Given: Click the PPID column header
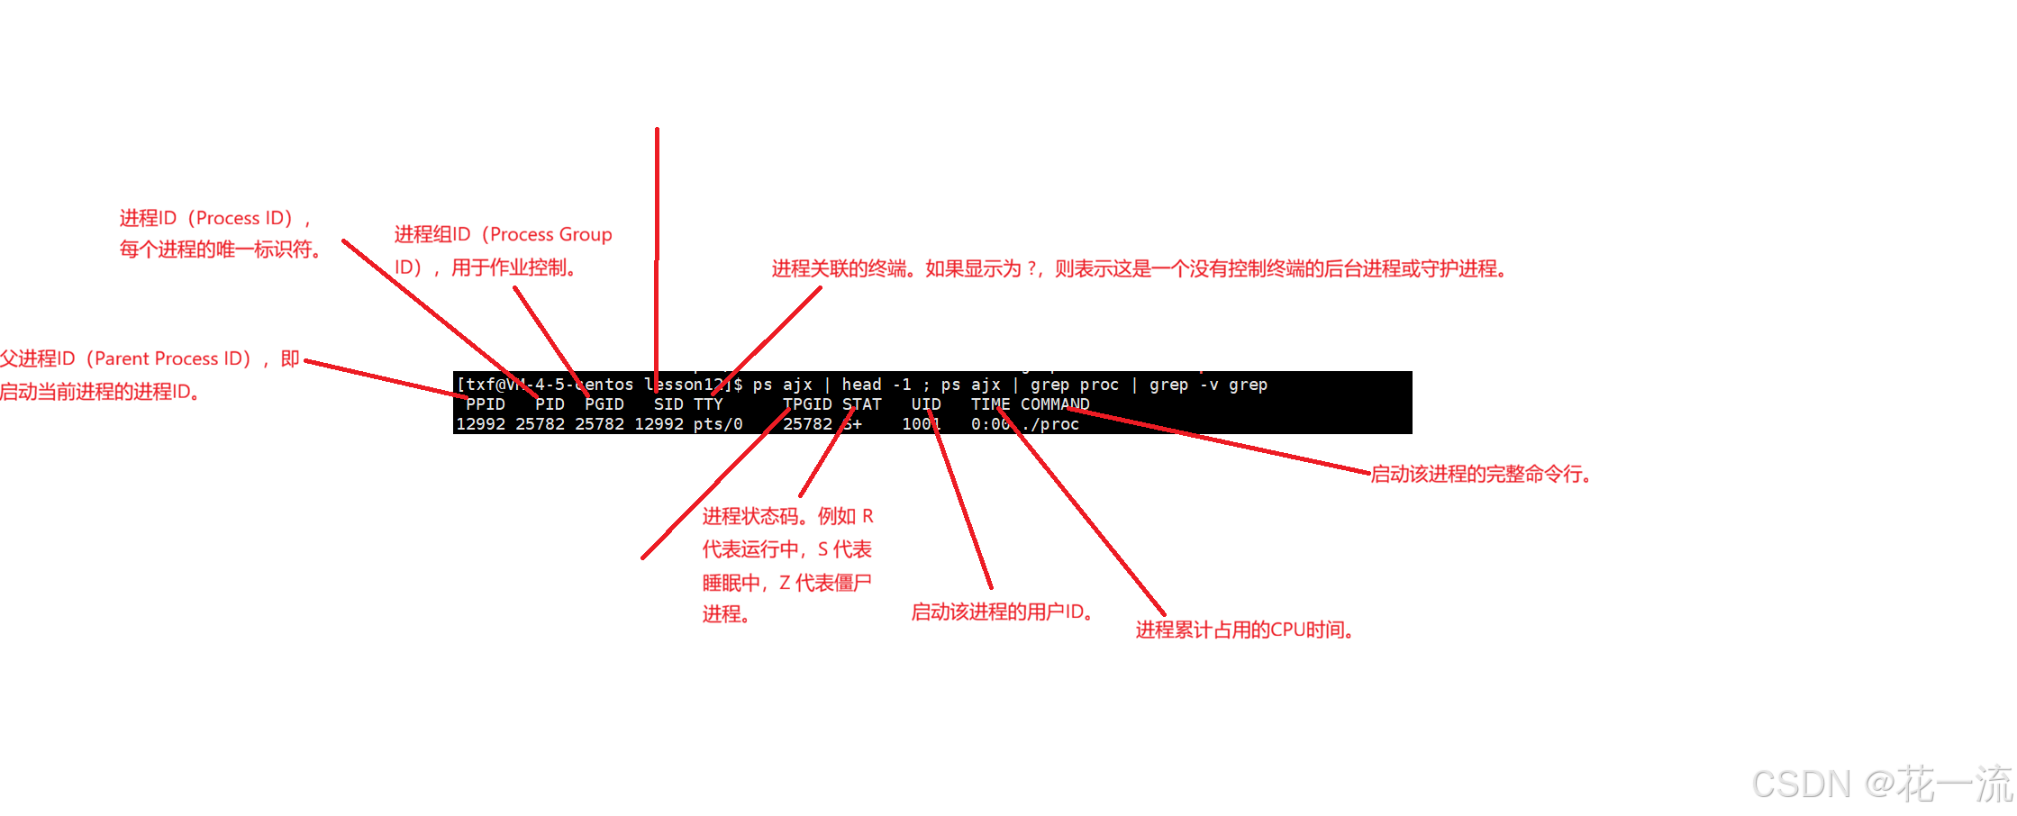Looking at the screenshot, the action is click(x=486, y=404).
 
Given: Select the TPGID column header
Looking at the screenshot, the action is click(x=807, y=404).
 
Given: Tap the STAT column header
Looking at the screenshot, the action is click(x=862, y=404).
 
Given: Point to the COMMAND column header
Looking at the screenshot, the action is click(x=1055, y=404).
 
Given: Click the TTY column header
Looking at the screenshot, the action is click(x=708, y=404).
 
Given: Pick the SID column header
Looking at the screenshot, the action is click(x=668, y=404).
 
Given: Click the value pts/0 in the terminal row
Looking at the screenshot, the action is click(x=718, y=424).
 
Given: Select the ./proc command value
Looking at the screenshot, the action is click(x=1050, y=424).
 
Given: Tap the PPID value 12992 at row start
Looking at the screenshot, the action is click(x=480, y=424).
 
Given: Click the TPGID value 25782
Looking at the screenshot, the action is click(x=807, y=424).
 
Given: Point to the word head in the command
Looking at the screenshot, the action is click(x=861, y=385).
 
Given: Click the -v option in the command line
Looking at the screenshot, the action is click(x=1209, y=385).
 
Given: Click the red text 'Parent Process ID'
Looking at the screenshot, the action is click(x=171, y=358).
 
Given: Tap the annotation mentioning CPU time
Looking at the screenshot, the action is click(x=1243, y=630).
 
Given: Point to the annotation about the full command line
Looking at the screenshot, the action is click(x=1479, y=475).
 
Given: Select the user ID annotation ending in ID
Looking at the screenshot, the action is click(x=1001, y=612).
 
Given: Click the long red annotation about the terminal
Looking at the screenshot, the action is click(x=1138, y=269).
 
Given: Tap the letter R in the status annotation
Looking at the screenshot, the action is click(x=868, y=517).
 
